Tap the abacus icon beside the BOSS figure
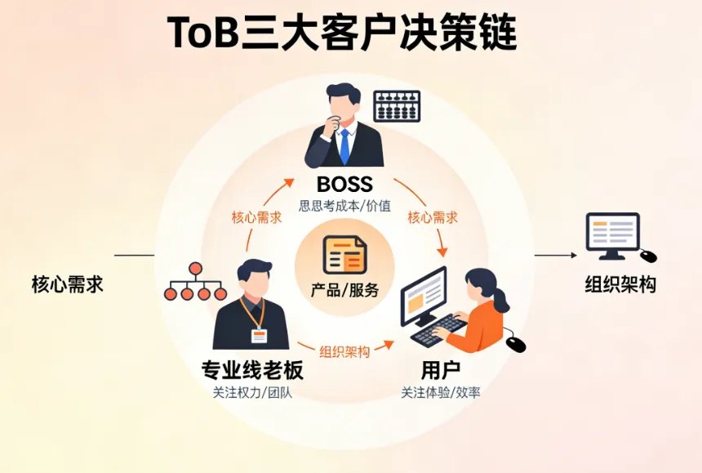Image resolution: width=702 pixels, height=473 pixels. (397, 106)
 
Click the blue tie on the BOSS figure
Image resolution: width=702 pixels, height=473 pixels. (344, 145)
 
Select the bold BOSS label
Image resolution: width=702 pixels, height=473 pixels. (344, 183)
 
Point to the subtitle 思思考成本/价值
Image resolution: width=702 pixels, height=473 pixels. (344, 205)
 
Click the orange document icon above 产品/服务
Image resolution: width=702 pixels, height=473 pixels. (344, 254)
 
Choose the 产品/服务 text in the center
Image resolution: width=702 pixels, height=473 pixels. (344, 289)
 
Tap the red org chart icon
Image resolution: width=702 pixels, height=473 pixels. (196, 283)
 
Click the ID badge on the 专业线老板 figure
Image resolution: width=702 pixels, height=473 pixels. (259, 334)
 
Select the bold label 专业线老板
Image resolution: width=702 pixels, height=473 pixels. (252, 370)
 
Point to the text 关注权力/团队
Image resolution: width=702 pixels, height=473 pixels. (252, 392)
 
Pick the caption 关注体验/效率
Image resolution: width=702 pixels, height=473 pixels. (441, 392)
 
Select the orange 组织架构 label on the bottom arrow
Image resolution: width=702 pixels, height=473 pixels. (344, 351)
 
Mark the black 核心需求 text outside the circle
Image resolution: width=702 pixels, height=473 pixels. (68, 284)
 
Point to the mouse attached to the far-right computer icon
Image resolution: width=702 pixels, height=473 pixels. (648, 256)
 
